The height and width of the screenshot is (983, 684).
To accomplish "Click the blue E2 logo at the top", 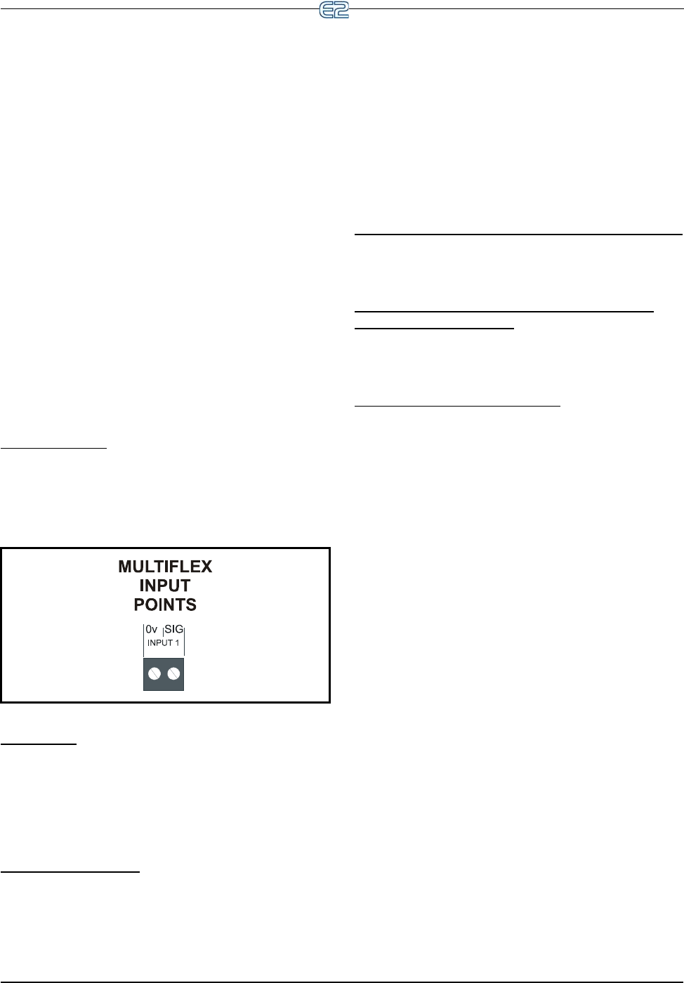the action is point(334,10).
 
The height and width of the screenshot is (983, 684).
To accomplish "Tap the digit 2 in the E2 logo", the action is point(341,10).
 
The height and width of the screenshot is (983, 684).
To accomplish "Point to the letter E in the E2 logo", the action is point(327,10).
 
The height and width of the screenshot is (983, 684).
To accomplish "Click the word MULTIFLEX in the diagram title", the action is point(165,567).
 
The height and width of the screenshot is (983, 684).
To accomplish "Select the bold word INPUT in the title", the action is point(165,586).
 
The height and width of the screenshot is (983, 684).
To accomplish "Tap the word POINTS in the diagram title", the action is point(165,605).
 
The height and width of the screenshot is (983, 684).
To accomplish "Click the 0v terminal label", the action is point(151,630).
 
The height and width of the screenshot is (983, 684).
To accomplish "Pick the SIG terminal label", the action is point(173,630).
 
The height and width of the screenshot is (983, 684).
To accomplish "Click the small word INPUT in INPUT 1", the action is point(159,643).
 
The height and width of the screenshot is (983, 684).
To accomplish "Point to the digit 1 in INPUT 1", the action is point(177,643).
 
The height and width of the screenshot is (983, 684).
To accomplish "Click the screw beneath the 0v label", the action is point(154,674).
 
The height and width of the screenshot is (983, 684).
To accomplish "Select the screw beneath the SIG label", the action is point(173,674).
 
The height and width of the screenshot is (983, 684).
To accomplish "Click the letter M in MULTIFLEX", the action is point(125,567).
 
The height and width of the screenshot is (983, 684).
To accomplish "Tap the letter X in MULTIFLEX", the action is point(206,567).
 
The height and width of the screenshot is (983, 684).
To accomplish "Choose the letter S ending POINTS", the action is point(191,605).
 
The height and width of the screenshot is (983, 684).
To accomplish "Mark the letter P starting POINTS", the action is point(139,605).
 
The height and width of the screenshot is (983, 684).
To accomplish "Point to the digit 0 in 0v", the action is point(149,630).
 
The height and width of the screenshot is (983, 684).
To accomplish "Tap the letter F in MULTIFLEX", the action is point(172,567).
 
